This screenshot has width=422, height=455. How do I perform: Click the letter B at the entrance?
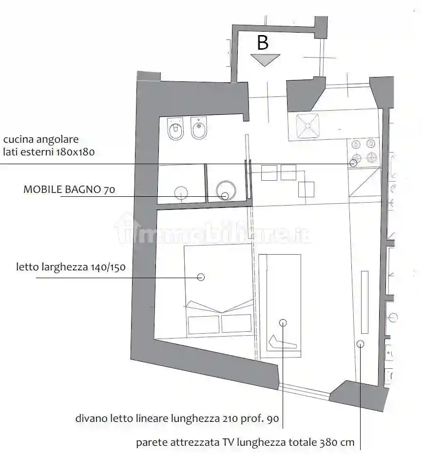click(x=262, y=43)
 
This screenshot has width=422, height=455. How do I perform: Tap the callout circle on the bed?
click(x=200, y=277)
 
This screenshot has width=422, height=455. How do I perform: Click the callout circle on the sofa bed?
click(x=283, y=322)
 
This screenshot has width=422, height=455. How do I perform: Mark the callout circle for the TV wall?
click(x=360, y=344)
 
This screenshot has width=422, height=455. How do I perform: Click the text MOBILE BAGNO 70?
click(x=69, y=190)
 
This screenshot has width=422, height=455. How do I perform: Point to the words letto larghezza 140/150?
click(x=71, y=267)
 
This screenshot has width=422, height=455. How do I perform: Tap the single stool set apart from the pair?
click(x=306, y=189)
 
